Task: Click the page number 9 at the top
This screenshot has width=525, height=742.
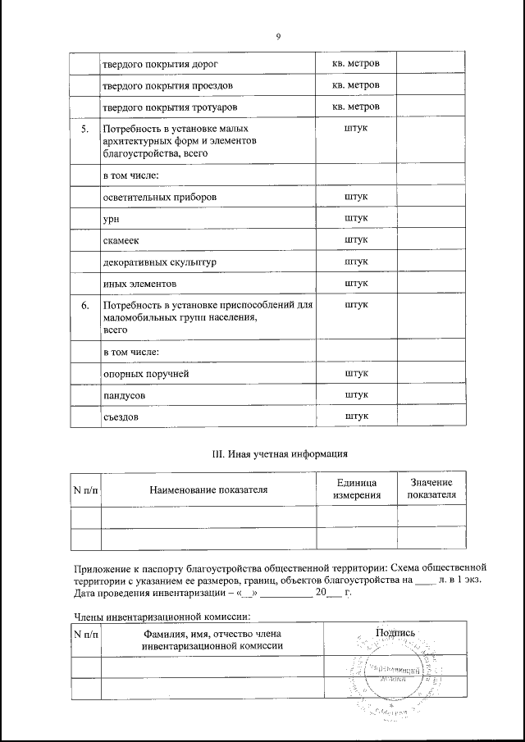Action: click(279, 37)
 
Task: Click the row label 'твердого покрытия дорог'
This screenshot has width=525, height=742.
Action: click(160, 63)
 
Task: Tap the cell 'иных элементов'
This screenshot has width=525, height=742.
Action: click(139, 283)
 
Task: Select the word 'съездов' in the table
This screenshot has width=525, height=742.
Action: click(121, 417)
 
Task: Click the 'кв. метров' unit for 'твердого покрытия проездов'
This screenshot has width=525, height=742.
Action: click(356, 85)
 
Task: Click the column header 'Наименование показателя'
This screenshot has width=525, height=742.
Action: click(208, 490)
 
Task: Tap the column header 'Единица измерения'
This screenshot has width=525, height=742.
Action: click(356, 490)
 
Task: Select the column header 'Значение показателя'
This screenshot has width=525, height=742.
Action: click(431, 489)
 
